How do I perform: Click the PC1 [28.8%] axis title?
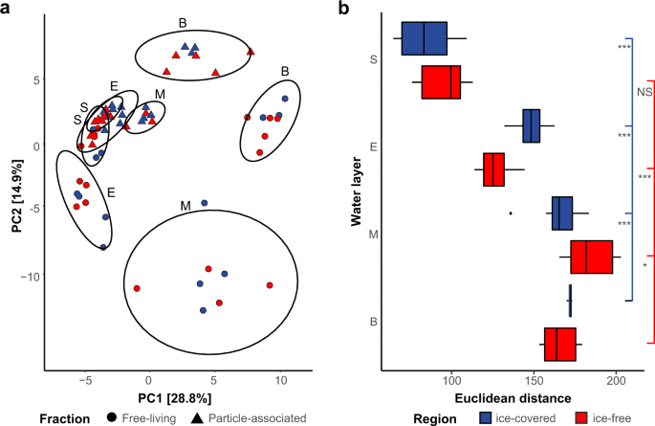(170, 397)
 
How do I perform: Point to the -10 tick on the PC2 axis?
(34, 276)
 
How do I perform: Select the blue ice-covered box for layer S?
(425, 38)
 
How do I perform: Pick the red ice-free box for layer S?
(442, 82)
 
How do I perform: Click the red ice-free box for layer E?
(493, 169)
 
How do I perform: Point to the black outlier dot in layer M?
(511, 213)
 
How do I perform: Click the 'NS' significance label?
(644, 91)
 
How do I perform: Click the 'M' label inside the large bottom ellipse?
(183, 206)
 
